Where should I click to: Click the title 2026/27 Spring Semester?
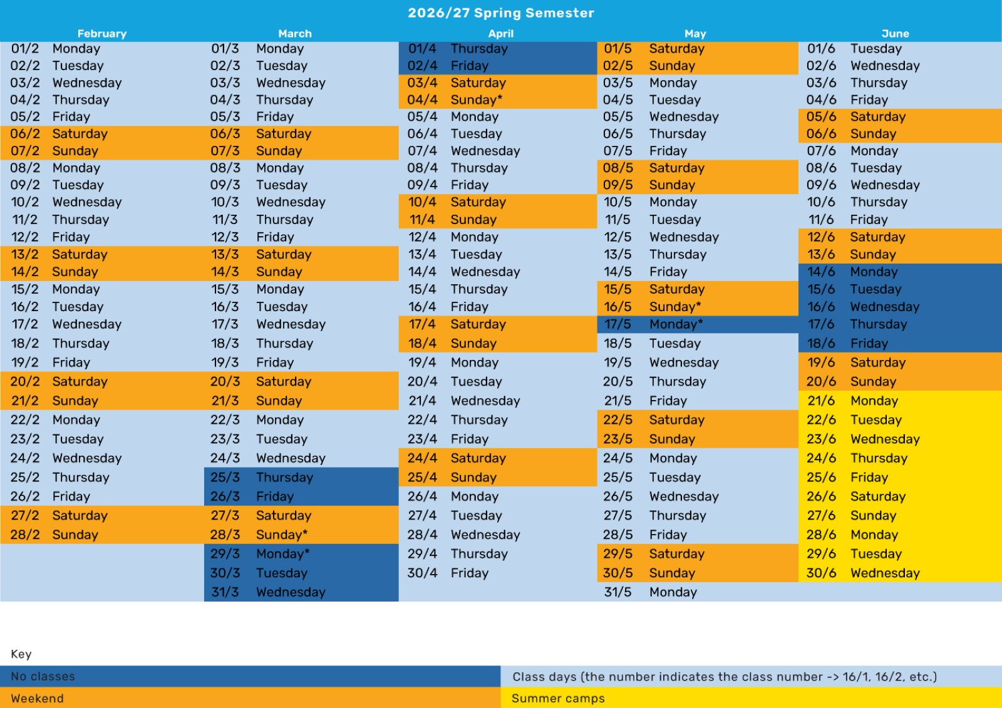coord(501,13)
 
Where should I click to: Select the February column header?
coord(102,34)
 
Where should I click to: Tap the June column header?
coord(895,34)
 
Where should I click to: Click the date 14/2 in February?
coord(25,272)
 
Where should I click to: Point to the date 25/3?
coord(225,477)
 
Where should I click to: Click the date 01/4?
coord(422,48)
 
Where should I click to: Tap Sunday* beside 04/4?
coord(477,100)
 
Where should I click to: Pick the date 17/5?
coord(617,324)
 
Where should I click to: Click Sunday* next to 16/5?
coord(675,307)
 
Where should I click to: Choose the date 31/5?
coord(617,592)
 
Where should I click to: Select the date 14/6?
coord(821,272)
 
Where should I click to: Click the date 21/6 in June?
coord(821,400)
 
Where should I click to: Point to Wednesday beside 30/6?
coord(885,573)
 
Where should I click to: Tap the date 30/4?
coord(422,573)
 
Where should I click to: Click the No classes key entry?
coord(43,676)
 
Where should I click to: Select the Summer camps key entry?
coord(558,698)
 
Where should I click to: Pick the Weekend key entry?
coord(37,698)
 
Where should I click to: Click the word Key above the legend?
coord(21,654)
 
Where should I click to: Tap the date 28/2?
coord(25,535)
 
